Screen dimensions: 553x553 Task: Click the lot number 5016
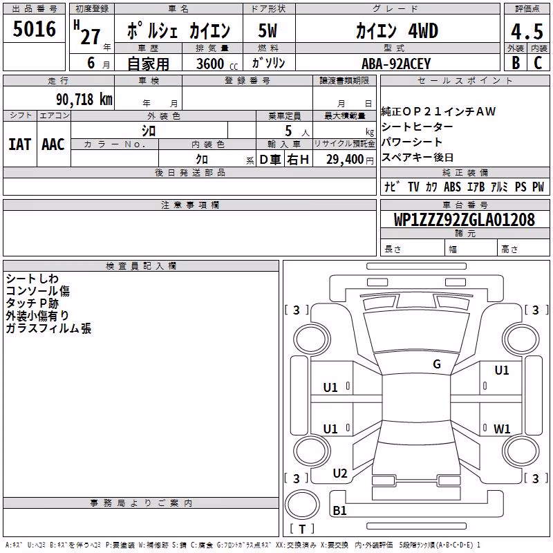[34, 29]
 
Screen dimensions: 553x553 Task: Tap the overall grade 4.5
[527, 32]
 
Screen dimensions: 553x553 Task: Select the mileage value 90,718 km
[84, 100]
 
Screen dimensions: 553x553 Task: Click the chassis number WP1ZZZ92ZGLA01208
[464, 220]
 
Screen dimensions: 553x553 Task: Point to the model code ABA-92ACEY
[396, 64]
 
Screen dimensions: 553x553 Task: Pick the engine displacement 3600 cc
[217, 64]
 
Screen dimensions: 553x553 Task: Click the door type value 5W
[268, 30]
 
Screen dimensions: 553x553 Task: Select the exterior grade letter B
[516, 63]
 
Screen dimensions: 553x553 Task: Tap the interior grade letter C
[538, 63]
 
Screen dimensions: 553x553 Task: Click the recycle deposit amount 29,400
[344, 160]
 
